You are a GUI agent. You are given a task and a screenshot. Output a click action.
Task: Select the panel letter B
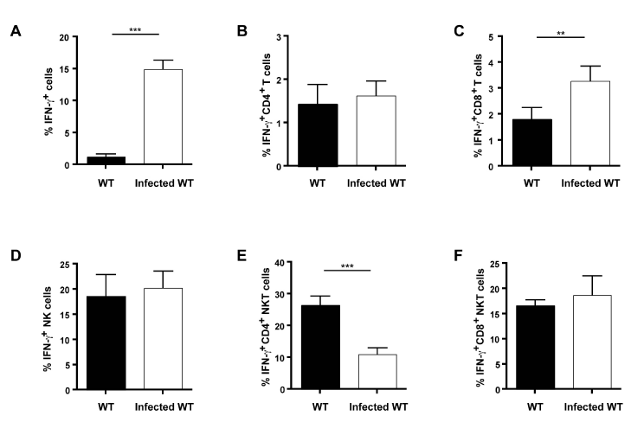coord(243,31)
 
